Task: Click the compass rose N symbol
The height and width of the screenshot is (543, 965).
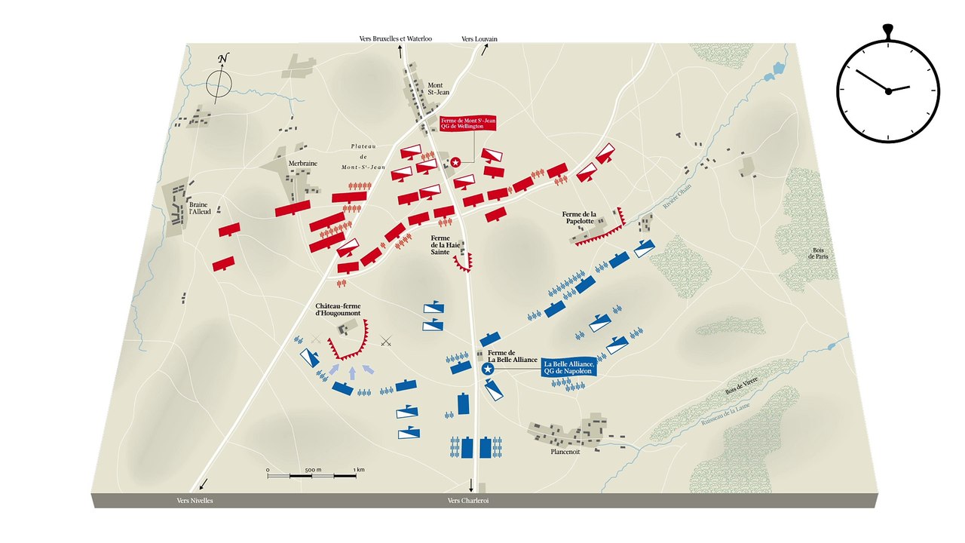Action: pyautogui.click(x=222, y=59)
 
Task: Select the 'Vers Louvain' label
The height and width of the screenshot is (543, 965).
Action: pyautogui.click(x=479, y=38)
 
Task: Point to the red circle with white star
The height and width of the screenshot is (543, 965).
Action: pyautogui.click(x=455, y=161)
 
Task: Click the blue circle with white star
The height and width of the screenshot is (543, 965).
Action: pyautogui.click(x=487, y=369)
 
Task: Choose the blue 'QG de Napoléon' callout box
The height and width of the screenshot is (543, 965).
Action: pyautogui.click(x=569, y=367)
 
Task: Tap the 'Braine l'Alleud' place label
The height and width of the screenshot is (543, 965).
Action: pyautogui.click(x=198, y=210)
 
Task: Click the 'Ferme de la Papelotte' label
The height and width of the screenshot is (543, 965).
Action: pyautogui.click(x=579, y=218)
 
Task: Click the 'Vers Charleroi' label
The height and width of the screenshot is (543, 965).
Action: pyautogui.click(x=468, y=500)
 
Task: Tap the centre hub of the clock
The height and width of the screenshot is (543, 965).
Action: pyautogui.click(x=888, y=90)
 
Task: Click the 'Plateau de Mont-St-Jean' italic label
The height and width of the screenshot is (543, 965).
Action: pyautogui.click(x=368, y=156)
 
